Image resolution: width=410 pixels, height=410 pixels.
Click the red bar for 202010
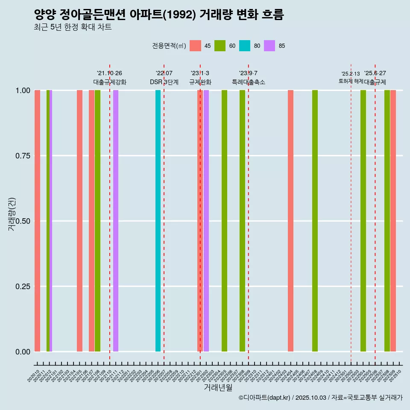pos(37,221)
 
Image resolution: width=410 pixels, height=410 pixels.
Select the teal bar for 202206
pos(158,221)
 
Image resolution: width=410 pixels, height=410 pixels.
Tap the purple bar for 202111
pos(116,221)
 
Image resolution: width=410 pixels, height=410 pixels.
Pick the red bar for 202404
pos(290,221)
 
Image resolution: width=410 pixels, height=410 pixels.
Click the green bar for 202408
pos(315,221)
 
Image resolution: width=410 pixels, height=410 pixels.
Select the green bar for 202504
pos(363,221)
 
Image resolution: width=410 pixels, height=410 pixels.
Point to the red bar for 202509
pos(393,221)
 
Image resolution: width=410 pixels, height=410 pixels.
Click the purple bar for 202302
pos(206,221)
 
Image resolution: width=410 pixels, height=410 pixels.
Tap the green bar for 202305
pos(224,221)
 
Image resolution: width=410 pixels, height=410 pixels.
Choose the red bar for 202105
pos(79,221)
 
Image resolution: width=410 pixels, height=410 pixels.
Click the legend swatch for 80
pos(245,46)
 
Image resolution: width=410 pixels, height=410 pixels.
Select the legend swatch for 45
pos(195,46)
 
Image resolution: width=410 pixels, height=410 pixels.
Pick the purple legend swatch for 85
pos(269,46)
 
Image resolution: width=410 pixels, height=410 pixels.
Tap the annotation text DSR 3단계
pos(164,82)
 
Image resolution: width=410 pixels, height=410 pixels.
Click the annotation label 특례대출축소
pos(249,82)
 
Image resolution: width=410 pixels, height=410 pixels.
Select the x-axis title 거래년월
pos(218,387)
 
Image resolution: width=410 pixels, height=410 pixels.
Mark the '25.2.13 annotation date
pos(351,74)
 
